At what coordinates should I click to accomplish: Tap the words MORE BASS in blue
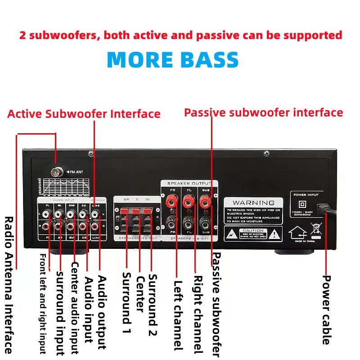point(173,60)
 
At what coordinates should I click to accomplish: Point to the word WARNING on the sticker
point(253,202)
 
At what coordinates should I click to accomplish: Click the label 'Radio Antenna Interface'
point(9,284)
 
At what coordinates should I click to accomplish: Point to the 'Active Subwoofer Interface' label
point(84,114)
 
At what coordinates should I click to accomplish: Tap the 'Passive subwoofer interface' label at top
point(263,112)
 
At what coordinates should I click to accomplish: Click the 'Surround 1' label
point(126,297)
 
